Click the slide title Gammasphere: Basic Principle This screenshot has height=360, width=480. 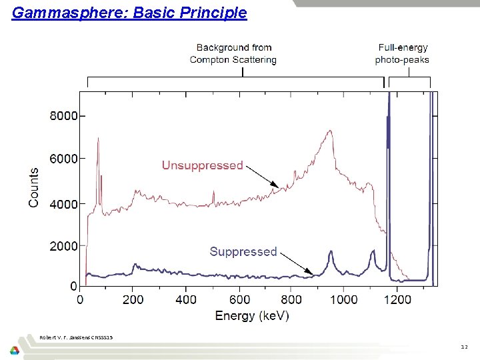(x=129, y=13)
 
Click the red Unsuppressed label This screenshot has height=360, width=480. (x=202, y=165)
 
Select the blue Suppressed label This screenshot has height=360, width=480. (x=243, y=251)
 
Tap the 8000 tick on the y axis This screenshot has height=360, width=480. (x=63, y=115)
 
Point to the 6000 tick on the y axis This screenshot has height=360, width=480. (x=63, y=159)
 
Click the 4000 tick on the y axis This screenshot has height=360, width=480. (x=63, y=203)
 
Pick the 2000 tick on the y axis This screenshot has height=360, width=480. (x=63, y=246)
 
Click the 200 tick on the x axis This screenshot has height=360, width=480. (x=133, y=299)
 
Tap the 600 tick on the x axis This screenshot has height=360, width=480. (x=239, y=299)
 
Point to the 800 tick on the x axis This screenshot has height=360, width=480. (x=291, y=299)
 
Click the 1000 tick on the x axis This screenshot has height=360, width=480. (x=344, y=299)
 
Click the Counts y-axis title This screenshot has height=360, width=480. (x=33, y=187)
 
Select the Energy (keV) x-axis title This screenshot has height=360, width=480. (x=252, y=315)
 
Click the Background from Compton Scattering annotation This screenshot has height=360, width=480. (x=233, y=53)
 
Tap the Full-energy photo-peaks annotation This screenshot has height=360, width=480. (x=403, y=53)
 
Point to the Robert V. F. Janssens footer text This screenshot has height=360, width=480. (x=76, y=337)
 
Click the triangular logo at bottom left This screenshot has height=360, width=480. (x=15, y=350)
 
